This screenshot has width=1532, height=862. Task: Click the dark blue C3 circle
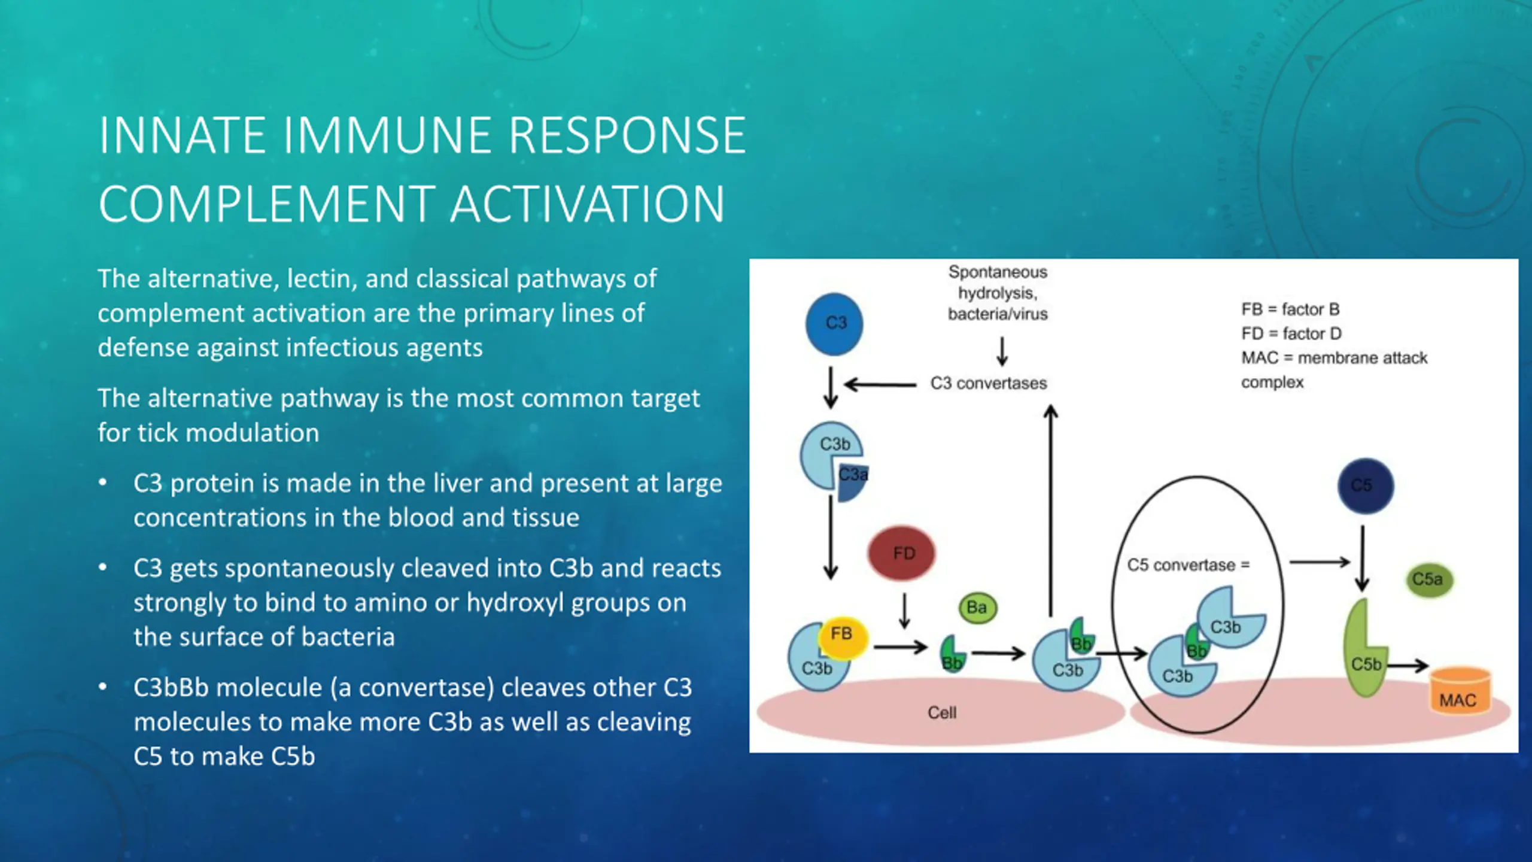834,324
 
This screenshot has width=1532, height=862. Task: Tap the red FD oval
901,553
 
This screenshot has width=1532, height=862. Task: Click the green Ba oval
977,608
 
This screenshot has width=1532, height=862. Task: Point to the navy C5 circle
1365,485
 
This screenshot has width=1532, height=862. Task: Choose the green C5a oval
1428,579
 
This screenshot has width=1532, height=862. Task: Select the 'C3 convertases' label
989,383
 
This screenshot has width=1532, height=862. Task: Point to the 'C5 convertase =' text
1188,565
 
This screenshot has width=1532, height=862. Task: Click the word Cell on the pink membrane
942,712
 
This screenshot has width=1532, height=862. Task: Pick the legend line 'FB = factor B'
1290,309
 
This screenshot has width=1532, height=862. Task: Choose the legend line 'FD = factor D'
1291,333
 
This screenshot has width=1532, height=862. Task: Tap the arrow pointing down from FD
904,611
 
